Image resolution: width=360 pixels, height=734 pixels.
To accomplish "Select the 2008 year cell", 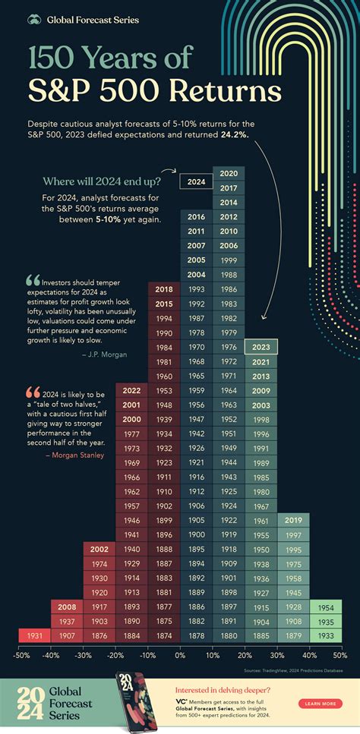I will pyautogui.click(x=66, y=606).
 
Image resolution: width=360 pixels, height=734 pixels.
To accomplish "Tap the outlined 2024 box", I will pyautogui.click(x=196, y=181).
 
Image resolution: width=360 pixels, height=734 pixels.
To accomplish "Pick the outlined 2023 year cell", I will pyautogui.click(x=261, y=347).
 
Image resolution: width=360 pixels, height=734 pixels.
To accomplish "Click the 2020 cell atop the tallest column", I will pyautogui.click(x=229, y=174).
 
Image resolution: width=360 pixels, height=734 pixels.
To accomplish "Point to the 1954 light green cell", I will pyautogui.click(x=326, y=606).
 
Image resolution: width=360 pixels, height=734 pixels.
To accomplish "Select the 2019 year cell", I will pyautogui.click(x=293, y=521).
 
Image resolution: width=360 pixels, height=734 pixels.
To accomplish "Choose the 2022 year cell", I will pyautogui.click(x=131, y=391).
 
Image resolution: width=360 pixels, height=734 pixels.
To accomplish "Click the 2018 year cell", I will pyautogui.click(x=163, y=289).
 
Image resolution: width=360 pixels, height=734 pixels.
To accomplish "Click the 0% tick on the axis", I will pyautogui.click(x=180, y=654).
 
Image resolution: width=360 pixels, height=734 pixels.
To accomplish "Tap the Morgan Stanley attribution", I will pyautogui.click(x=79, y=455).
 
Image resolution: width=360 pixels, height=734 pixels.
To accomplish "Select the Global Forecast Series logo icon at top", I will pyautogui.click(x=34, y=19).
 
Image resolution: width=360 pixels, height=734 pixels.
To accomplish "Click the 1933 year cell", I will pyautogui.click(x=326, y=635).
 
